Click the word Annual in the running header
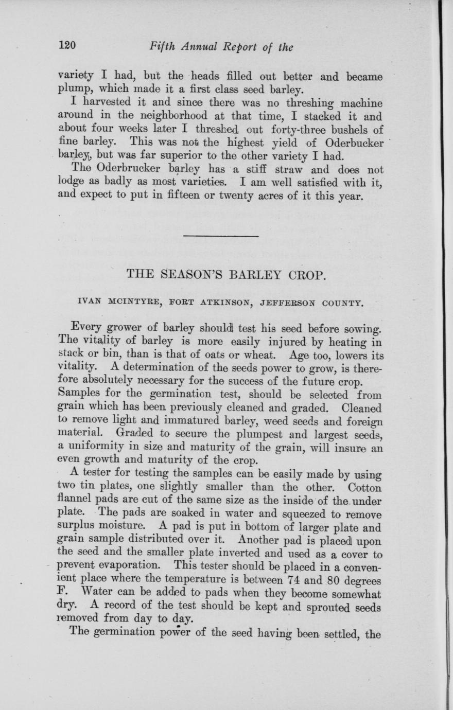200,47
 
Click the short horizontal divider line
221,236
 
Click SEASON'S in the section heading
199,274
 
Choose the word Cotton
365,487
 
